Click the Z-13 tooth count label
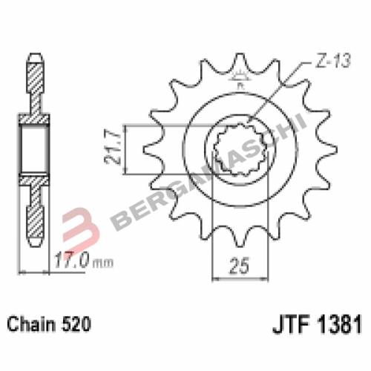click(x=332, y=61)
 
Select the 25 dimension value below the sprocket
click(x=239, y=266)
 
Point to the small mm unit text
click(x=103, y=263)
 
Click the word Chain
click(x=32, y=324)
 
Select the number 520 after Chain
click(x=76, y=324)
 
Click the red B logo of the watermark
click(x=79, y=228)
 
